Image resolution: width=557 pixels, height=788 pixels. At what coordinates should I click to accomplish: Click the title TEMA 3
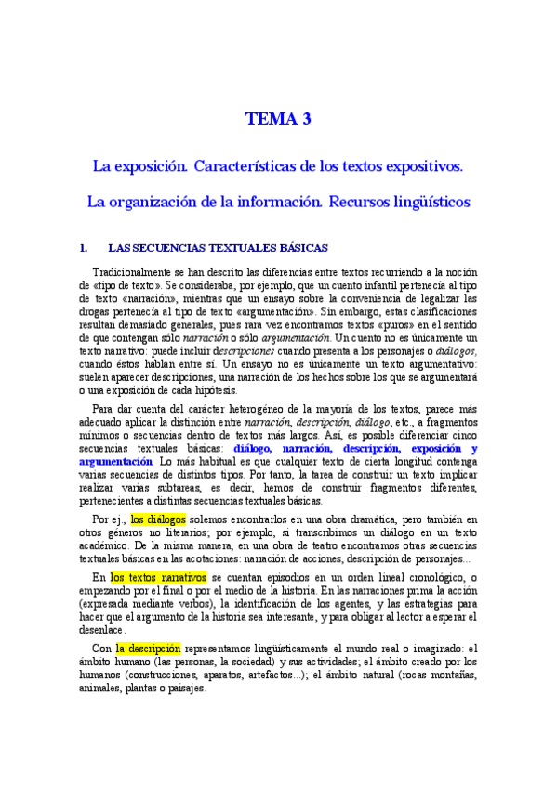point(278,119)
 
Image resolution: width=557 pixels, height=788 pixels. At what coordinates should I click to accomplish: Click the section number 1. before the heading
point(83,248)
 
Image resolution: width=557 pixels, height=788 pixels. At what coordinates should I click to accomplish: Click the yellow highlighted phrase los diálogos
point(158,519)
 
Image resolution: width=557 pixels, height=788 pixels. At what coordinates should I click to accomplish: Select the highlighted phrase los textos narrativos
point(158,577)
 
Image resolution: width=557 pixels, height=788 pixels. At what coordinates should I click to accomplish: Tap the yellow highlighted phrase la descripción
point(150,649)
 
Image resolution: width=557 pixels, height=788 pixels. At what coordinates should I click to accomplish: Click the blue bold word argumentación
point(115,461)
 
